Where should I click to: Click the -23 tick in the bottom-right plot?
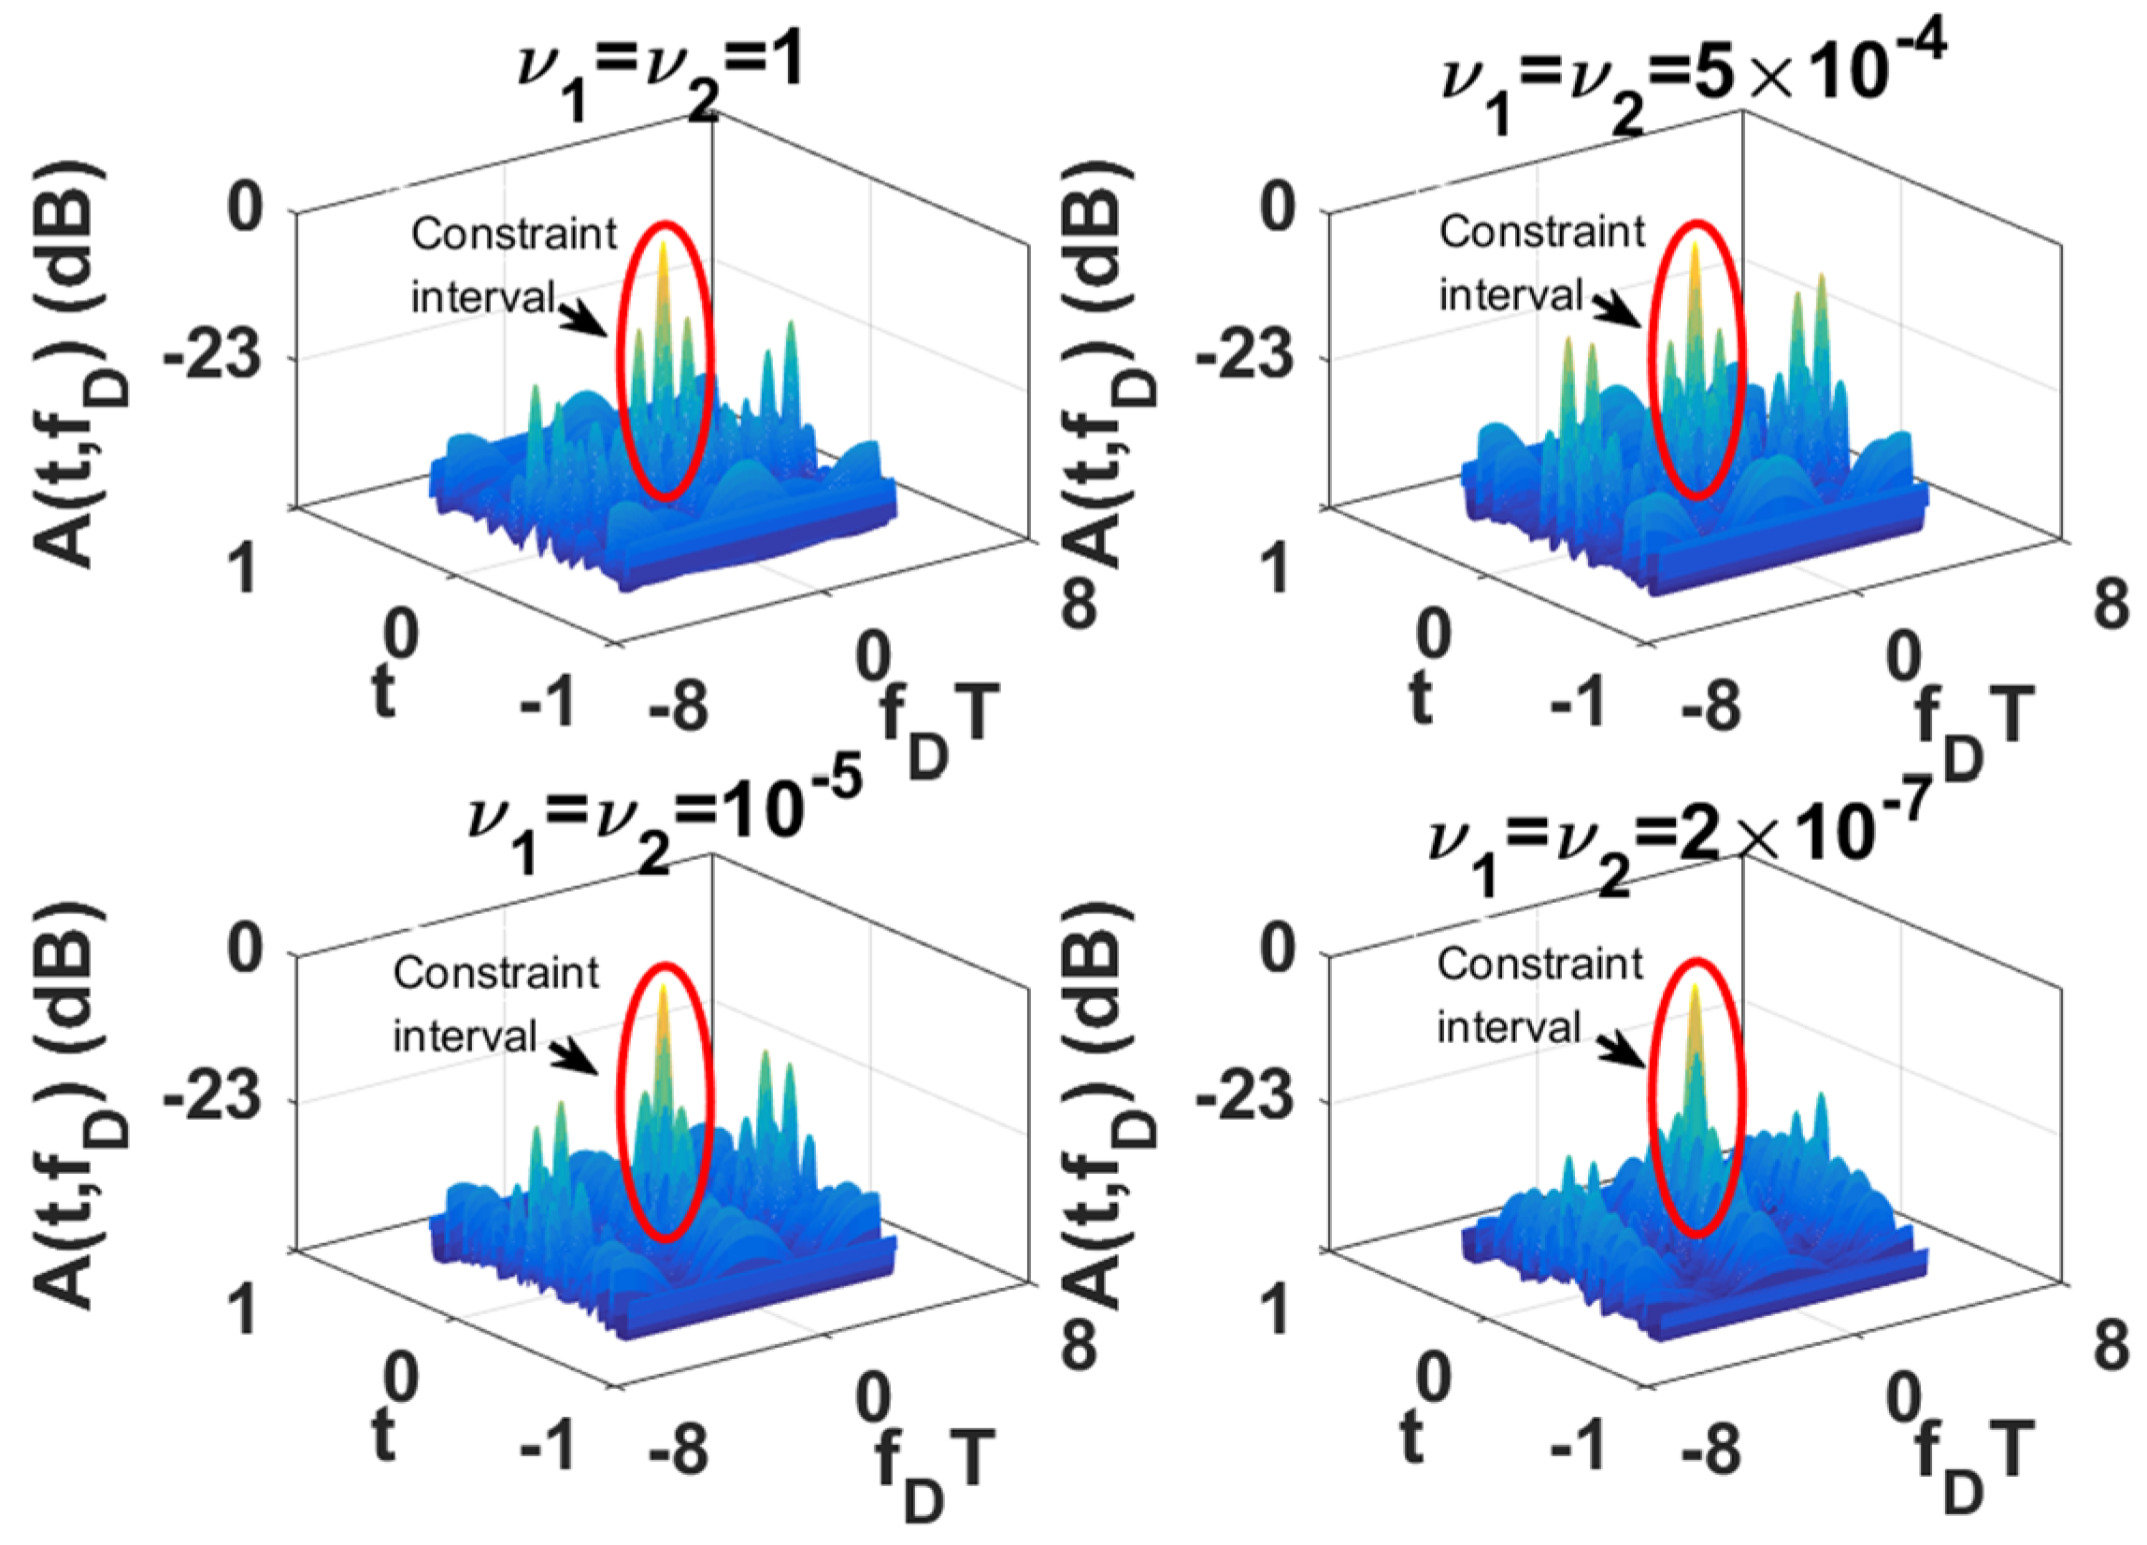click(x=1245, y=1102)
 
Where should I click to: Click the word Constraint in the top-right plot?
click(x=1541, y=233)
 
